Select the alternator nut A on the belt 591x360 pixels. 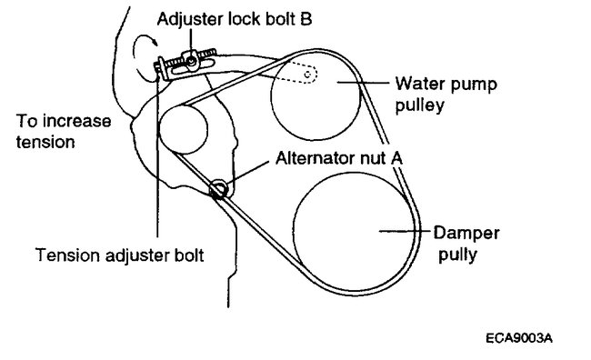point(219,189)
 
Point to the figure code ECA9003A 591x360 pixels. point(519,337)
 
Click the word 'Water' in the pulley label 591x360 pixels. point(415,84)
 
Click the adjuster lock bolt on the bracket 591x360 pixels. point(192,62)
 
